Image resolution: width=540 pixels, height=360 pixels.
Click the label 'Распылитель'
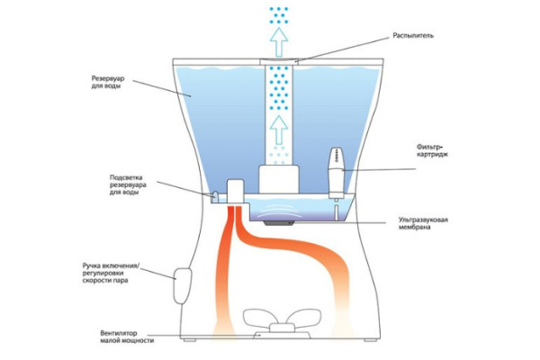(x=413, y=37)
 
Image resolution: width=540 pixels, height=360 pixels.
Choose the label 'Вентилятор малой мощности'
(x=128, y=337)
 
